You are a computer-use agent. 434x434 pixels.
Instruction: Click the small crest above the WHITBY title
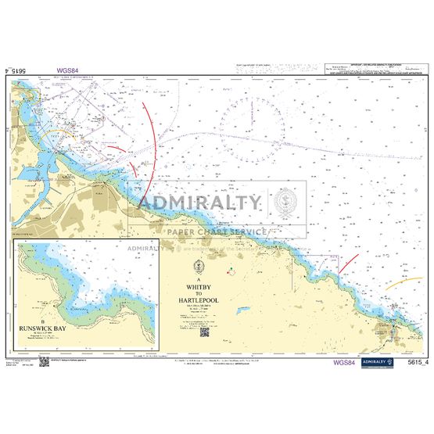pyautogui.click(x=202, y=266)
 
